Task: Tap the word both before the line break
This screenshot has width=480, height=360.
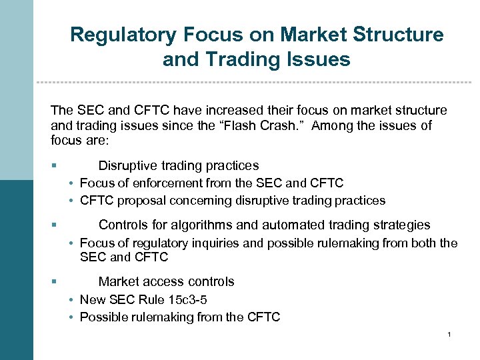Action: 422,243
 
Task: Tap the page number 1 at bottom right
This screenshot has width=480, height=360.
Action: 451,334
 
